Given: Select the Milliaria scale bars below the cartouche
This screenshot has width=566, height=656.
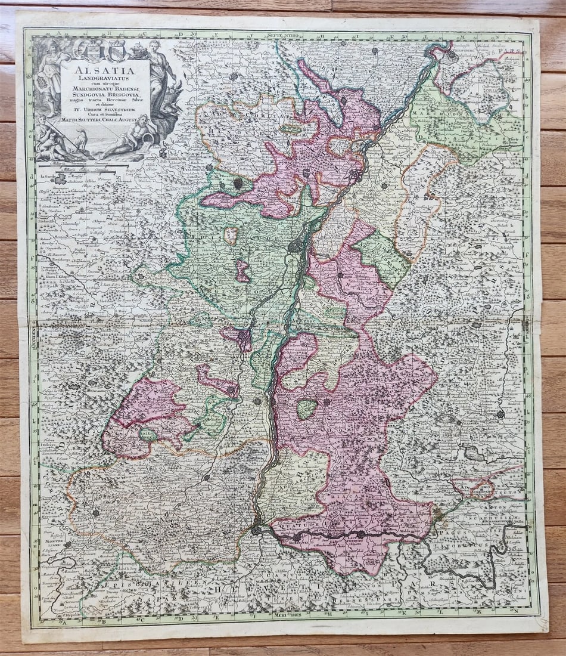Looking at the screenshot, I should click(89, 168).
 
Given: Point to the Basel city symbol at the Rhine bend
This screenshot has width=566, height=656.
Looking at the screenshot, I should click(257, 528).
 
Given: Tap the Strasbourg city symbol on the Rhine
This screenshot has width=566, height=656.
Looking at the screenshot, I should click(296, 245).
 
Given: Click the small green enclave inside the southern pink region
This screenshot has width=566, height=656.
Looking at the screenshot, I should click(307, 408).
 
